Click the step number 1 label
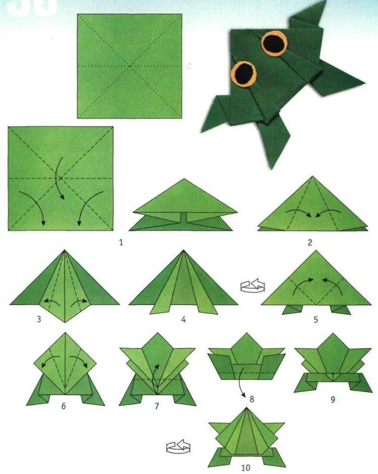coord(121,243)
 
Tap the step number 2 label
coord(310,243)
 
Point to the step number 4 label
coord(183,319)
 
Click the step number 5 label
coord(316,319)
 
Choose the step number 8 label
coord(252,399)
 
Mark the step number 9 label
coord(332,399)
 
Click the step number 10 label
coord(245,468)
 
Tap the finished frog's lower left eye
coord(244,74)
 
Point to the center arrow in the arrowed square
coord(59,178)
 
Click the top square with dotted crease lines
coord(130,66)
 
